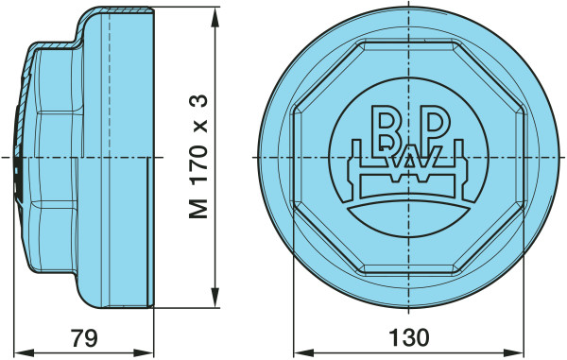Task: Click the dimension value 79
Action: coord(84,338)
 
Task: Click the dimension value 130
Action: coord(409,338)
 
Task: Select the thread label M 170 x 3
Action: coord(198,157)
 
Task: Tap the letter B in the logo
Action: coord(385,128)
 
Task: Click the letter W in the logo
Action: coord(409,159)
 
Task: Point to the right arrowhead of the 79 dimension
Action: coord(144,352)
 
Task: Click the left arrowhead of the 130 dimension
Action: coord(303,352)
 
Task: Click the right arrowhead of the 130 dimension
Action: coord(514,352)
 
